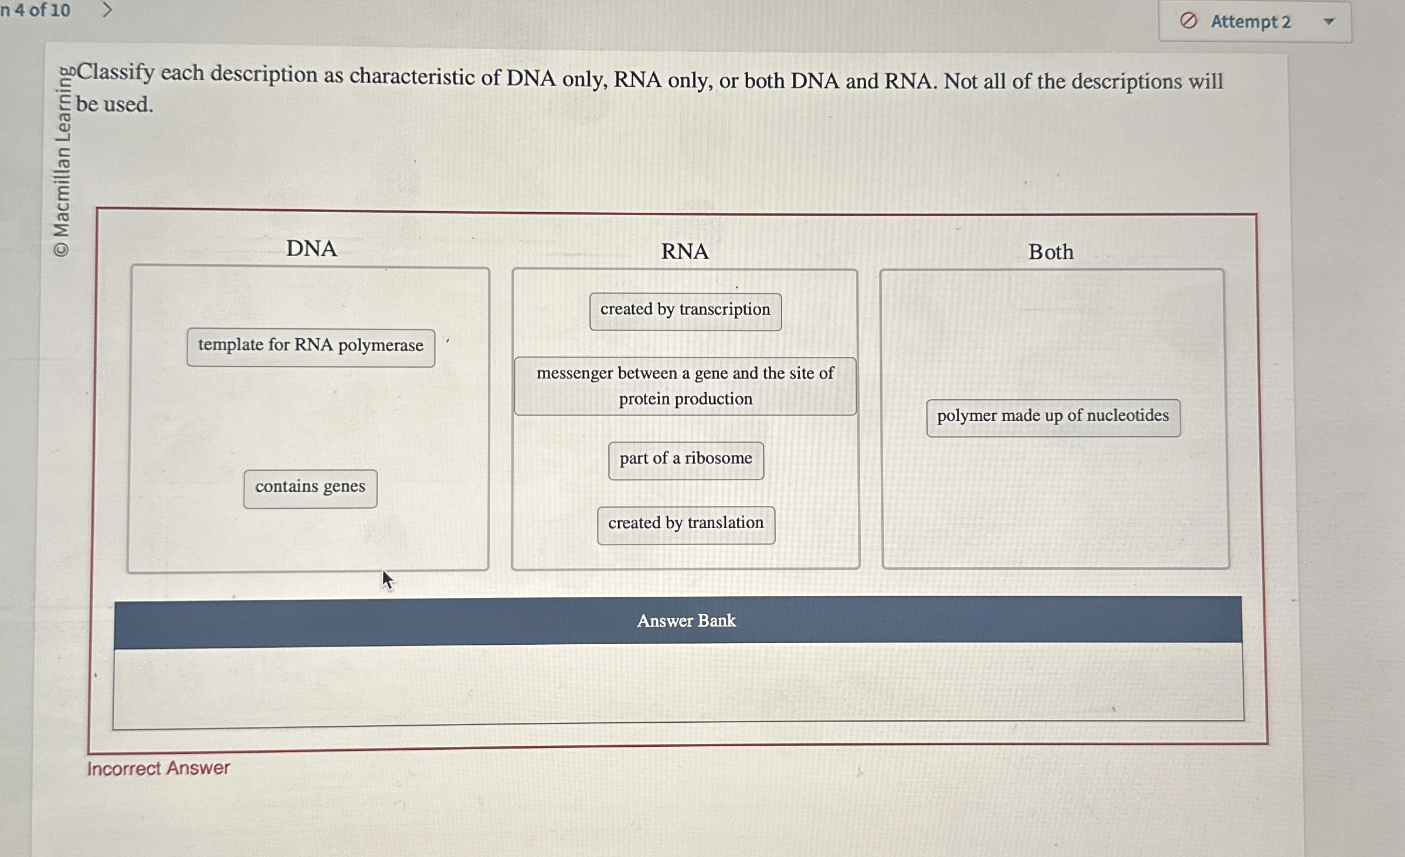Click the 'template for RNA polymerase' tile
click(x=311, y=348)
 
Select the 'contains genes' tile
click(x=310, y=488)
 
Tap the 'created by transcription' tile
click(x=685, y=311)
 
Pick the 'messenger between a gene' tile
click(x=685, y=386)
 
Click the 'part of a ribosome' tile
click(x=685, y=460)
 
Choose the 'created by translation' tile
click(x=685, y=525)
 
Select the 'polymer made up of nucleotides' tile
click(x=1053, y=417)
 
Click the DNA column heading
click(x=311, y=249)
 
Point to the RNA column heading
click(x=684, y=251)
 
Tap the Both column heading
click(x=1050, y=252)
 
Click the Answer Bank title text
click(x=686, y=620)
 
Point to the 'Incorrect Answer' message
click(x=158, y=768)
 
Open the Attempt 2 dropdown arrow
click(x=1329, y=22)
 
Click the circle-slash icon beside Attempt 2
click(x=1188, y=21)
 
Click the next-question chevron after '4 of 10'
click(x=107, y=9)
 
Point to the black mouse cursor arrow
click(x=386, y=579)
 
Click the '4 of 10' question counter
click(x=41, y=9)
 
